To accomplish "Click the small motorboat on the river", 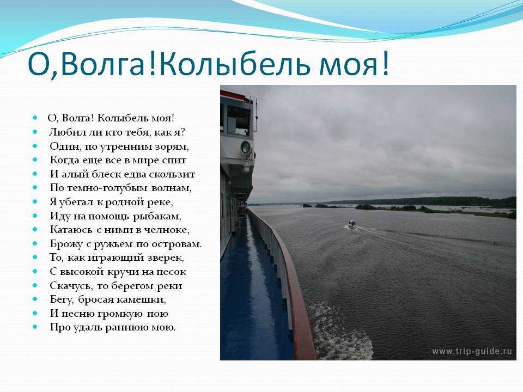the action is click(352, 224).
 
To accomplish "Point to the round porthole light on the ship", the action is click(246, 147).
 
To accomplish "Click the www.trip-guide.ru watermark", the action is click(472, 351).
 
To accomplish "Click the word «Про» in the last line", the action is click(57, 327).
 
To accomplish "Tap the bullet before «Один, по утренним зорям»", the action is click(35, 146).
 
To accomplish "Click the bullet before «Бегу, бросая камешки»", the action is click(35, 299).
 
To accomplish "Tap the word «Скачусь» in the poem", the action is click(71, 286).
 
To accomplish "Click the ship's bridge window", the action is click(239, 121).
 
